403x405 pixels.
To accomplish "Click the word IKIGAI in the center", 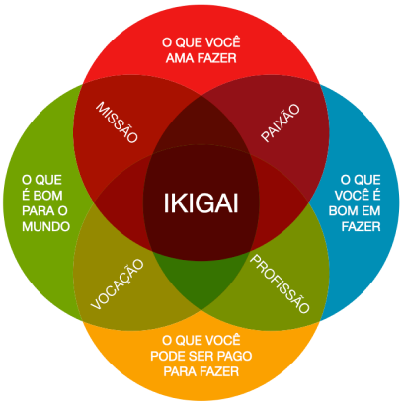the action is [x=201, y=203].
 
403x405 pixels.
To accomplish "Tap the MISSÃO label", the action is [x=117, y=122].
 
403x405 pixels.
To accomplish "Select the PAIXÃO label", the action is [x=281, y=122].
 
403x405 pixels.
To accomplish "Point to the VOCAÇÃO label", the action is [x=118, y=284].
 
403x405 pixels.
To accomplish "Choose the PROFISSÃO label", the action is [x=280, y=283].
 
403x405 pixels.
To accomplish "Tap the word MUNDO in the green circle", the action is [x=46, y=226].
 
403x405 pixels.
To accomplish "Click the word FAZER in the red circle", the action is [x=217, y=58].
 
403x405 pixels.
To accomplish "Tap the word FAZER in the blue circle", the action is [x=361, y=226].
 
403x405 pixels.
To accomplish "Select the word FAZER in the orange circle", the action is [x=219, y=371].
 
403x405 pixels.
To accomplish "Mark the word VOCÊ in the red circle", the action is [x=223, y=41].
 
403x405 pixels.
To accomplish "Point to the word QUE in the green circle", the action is [x=48, y=180].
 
